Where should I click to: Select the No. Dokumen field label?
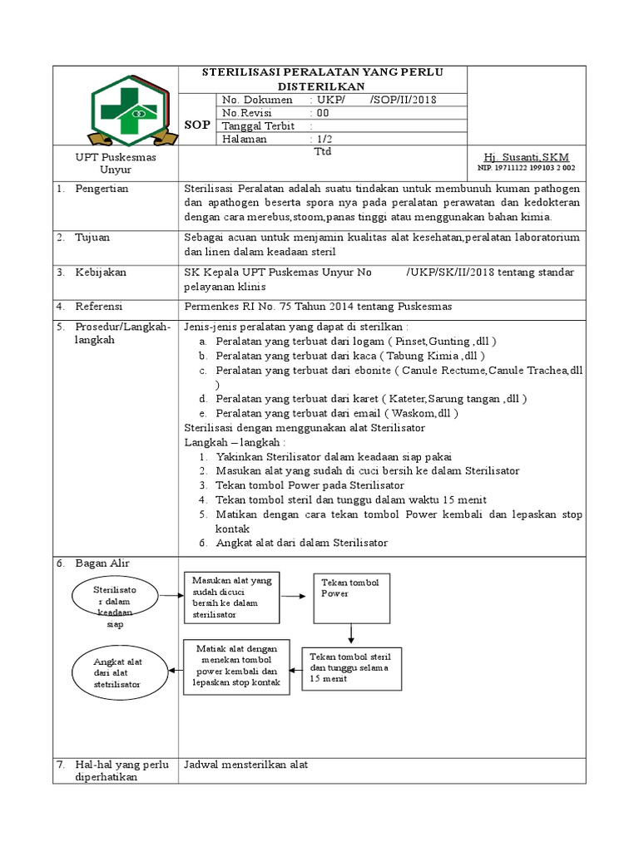pyautogui.click(x=257, y=100)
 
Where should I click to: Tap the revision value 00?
pyautogui.click(x=322, y=113)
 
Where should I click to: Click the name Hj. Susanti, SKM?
pyautogui.click(x=526, y=157)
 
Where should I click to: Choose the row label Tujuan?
pyautogui.click(x=93, y=237)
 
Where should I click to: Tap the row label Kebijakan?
pyautogui.click(x=101, y=272)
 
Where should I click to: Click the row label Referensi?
pyautogui.click(x=101, y=307)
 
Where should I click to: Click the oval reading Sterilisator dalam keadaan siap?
pyautogui.click(x=116, y=605)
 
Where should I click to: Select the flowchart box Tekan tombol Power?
pyautogui.click(x=351, y=598)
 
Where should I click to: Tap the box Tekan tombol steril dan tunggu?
pyautogui.click(x=351, y=667)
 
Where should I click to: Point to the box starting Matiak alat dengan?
pyautogui.click(x=235, y=666)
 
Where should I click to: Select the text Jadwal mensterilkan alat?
pyautogui.click(x=245, y=765)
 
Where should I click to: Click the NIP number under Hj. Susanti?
pyautogui.click(x=526, y=168)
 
